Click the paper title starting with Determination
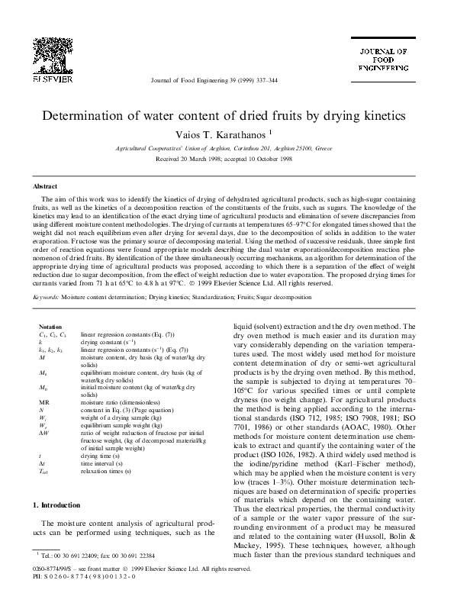227,118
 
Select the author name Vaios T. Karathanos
226,134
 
